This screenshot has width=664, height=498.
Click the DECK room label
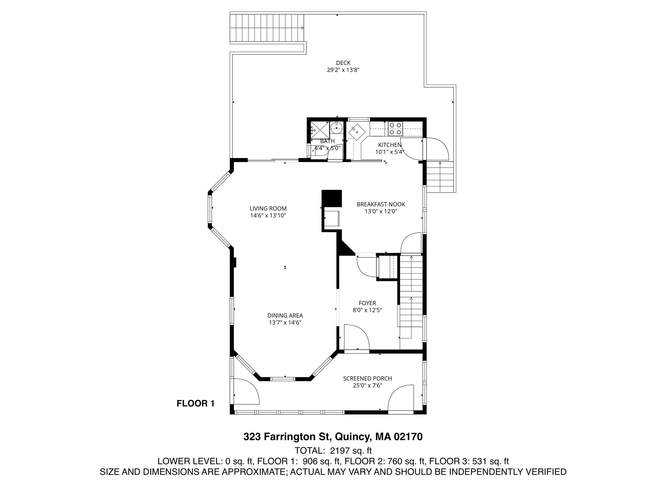(x=343, y=63)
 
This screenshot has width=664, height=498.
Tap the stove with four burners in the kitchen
(x=395, y=128)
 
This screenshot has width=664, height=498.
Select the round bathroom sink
(x=337, y=128)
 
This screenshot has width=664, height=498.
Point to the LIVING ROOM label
(x=268, y=208)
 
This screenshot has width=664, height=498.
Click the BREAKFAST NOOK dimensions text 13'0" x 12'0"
(x=381, y=211)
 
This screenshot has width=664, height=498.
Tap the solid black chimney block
(x=332, y=198)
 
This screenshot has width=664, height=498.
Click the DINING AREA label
(x=285, y=315)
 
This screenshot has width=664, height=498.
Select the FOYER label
(x=367, y=303)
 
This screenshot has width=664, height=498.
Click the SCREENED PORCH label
(x=367, y=378)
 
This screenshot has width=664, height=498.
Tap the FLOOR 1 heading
(x=196, y=404)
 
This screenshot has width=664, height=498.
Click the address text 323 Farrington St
(x=287, y=437)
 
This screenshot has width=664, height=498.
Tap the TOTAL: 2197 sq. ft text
(x=333, y=451)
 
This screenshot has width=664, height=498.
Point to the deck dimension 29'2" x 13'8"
(x=343, y=70)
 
